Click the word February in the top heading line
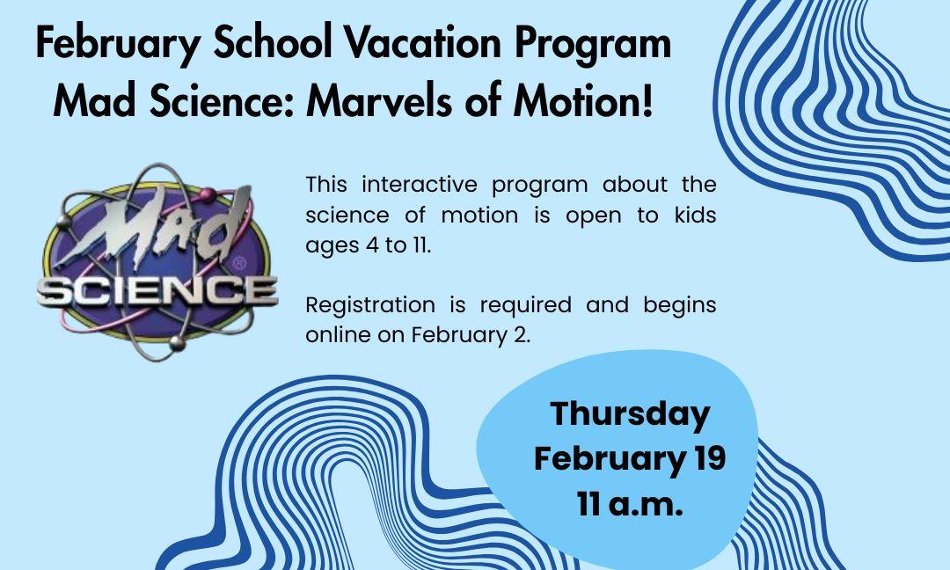[118, 44]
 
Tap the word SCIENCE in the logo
[157, 292]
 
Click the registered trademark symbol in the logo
[240, 264]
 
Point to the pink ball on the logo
[208, 194]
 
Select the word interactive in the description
[420, 184]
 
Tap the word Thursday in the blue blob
[630, 415]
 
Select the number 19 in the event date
[710, 458]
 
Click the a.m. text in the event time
[646, 505]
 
